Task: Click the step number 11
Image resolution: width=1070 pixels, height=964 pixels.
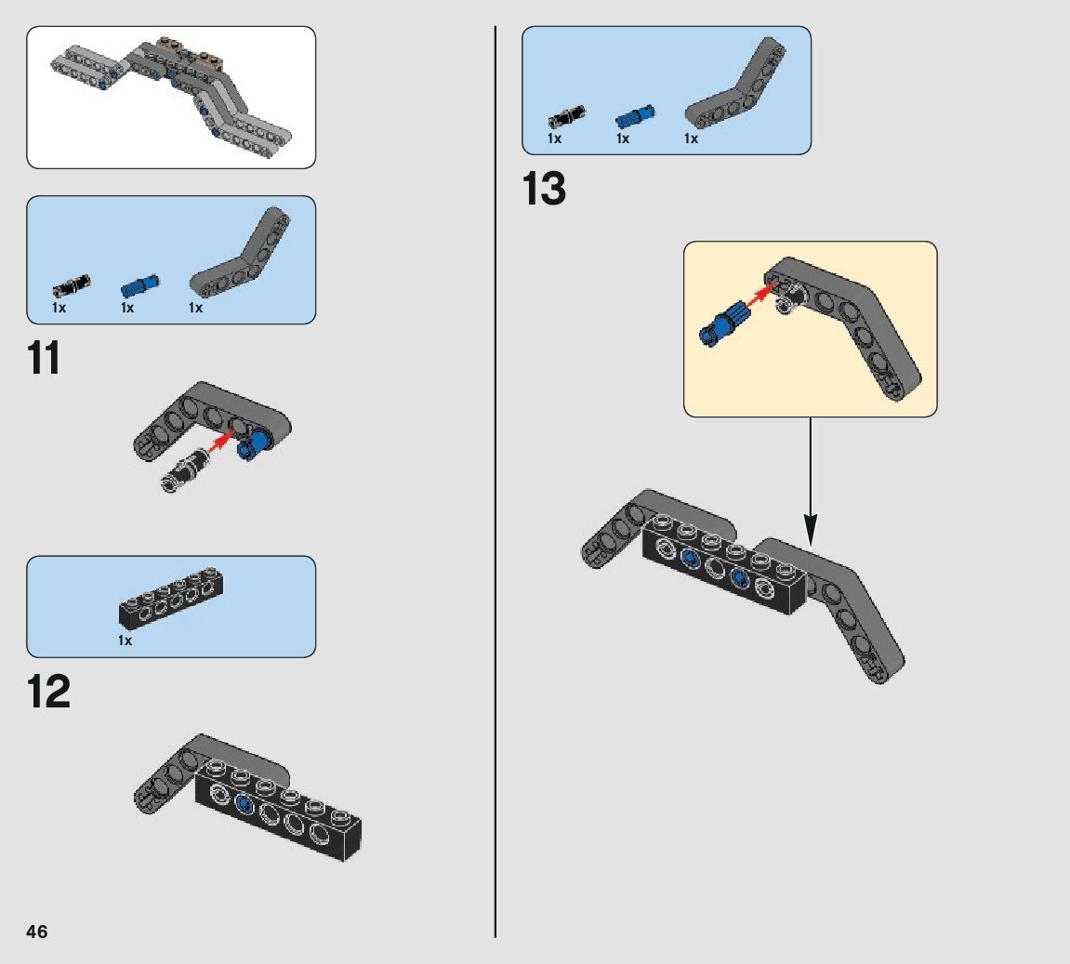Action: click(x=44, y=359)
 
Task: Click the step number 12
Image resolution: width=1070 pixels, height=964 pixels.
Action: click(x=48, y=692)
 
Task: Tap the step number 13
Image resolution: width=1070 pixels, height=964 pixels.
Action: click(x=545, y=190)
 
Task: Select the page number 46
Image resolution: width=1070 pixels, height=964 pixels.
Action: click(x=37, y=931)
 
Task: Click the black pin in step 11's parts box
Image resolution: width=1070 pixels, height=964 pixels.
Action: click(x=70, y=284)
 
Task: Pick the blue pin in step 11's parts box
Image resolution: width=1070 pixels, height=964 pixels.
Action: click(x=139, y=283)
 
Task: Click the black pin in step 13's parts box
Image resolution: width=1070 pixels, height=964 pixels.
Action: click(x=565, y=116)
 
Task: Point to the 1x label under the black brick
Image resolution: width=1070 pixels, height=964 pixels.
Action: click(x=125, y=640)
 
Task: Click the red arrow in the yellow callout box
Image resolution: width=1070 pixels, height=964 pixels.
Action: click(x=761, y=296)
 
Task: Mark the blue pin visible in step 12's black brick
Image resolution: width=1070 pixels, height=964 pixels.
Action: click(x=244, y=803)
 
